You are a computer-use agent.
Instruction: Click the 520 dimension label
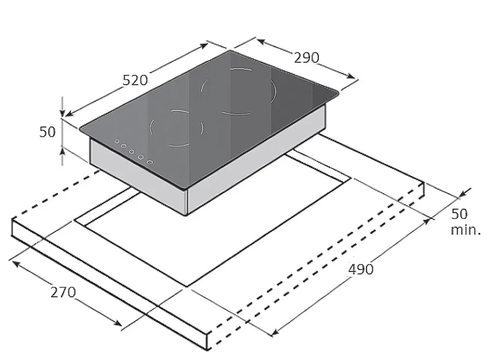click(x=135, y=80)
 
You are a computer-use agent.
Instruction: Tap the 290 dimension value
click(x=306, y=58)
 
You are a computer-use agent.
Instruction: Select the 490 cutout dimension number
click(x=361, y=269)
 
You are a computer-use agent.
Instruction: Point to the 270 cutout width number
click(x=63, y=292)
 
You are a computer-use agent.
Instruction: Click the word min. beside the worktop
click(x=466, y=230)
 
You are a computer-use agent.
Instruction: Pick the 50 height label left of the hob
click(x=47, y=132)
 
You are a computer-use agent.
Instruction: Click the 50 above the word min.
click(x=459, y=214)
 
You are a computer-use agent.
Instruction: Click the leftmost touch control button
click(x=117, y=141)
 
